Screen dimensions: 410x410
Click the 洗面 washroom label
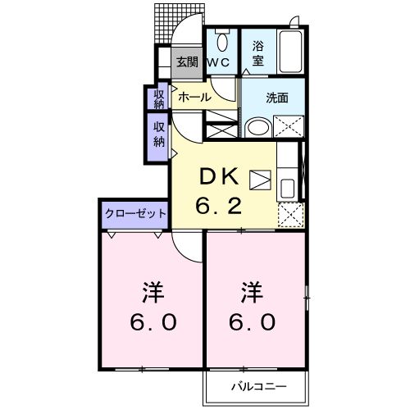point(276,98)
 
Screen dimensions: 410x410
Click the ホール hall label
point(194,97)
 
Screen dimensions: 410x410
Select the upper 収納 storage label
point(158,98)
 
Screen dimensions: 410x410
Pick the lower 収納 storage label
point(158,134)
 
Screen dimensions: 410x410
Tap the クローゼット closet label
point(134,213)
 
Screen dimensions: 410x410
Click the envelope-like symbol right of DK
point(261,179)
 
